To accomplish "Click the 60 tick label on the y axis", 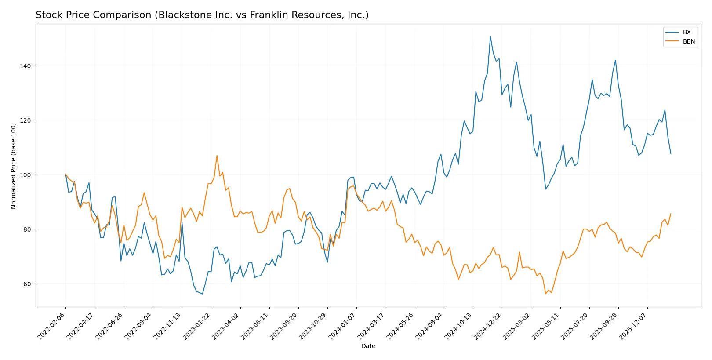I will coord(27,284).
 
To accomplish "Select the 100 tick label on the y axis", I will coord(25,175).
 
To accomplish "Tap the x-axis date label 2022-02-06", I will coord(51,326).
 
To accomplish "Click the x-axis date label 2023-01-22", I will coord(197,326).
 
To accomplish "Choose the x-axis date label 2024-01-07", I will coord(342,326).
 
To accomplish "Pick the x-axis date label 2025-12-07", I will coord(633,326).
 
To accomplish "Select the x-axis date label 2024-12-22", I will coord(488,326).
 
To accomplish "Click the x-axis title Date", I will coord(368,346).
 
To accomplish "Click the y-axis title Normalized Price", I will coord(13,166).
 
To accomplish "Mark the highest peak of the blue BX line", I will coord(490,36).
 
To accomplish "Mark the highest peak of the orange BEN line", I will coord(217,155).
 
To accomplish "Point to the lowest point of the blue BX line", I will coord(202,294).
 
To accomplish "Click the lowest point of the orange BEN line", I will coord(545,294).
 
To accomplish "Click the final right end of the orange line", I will coord(671,214).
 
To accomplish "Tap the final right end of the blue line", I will coord(671,153).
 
